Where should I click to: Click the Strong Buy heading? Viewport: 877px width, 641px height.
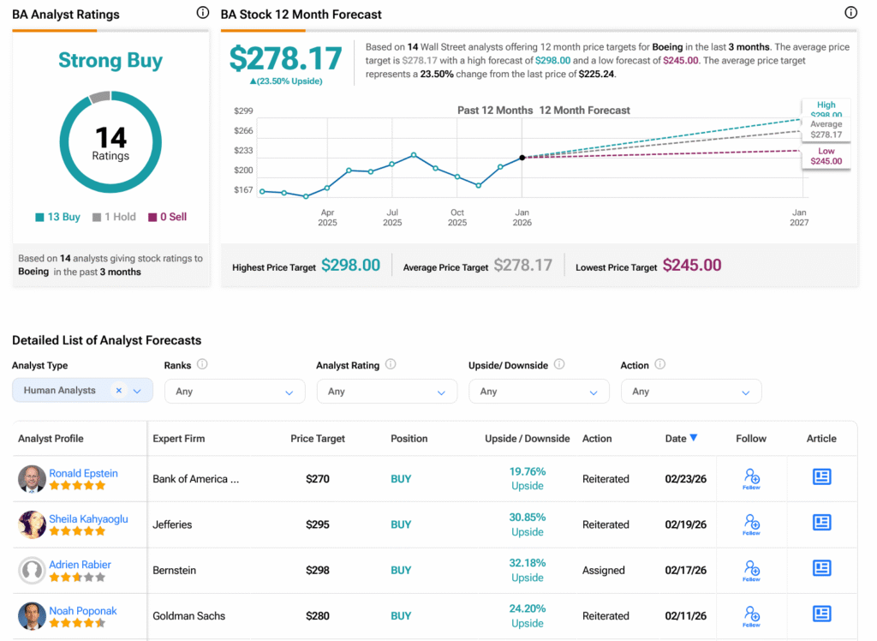click(110, 61)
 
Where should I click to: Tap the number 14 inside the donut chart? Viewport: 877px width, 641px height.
click(110, 137)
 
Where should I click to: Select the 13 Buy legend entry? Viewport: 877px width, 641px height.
click(58, 217)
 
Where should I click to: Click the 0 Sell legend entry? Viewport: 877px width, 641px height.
click(167, 217)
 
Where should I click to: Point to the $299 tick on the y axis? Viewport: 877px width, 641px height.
click(243, 111)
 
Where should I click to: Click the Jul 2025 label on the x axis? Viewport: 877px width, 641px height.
click(392, 218)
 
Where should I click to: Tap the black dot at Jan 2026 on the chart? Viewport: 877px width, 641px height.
click(522, 158)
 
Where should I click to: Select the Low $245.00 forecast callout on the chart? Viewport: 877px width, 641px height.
click(826, 156)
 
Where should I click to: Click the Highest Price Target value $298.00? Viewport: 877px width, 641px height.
click(350, 266)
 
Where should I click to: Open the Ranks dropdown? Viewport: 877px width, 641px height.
click(235, 392)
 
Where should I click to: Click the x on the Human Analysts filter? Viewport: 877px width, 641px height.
click(119, 391)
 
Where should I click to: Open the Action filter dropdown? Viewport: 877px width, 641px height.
click(690, 392)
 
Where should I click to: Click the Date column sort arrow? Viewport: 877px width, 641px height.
click(694, 438)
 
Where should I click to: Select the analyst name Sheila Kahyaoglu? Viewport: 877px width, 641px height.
click(89, 518)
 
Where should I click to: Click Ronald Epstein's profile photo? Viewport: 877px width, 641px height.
click(32, 479)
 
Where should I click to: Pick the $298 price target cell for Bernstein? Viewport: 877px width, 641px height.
click(318, 571)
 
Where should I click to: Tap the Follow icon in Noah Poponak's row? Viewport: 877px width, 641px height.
click(751, 614)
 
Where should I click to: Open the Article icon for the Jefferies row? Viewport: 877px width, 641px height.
click(821, 523)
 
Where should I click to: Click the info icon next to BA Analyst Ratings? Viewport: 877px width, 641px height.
click(203, 13)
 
